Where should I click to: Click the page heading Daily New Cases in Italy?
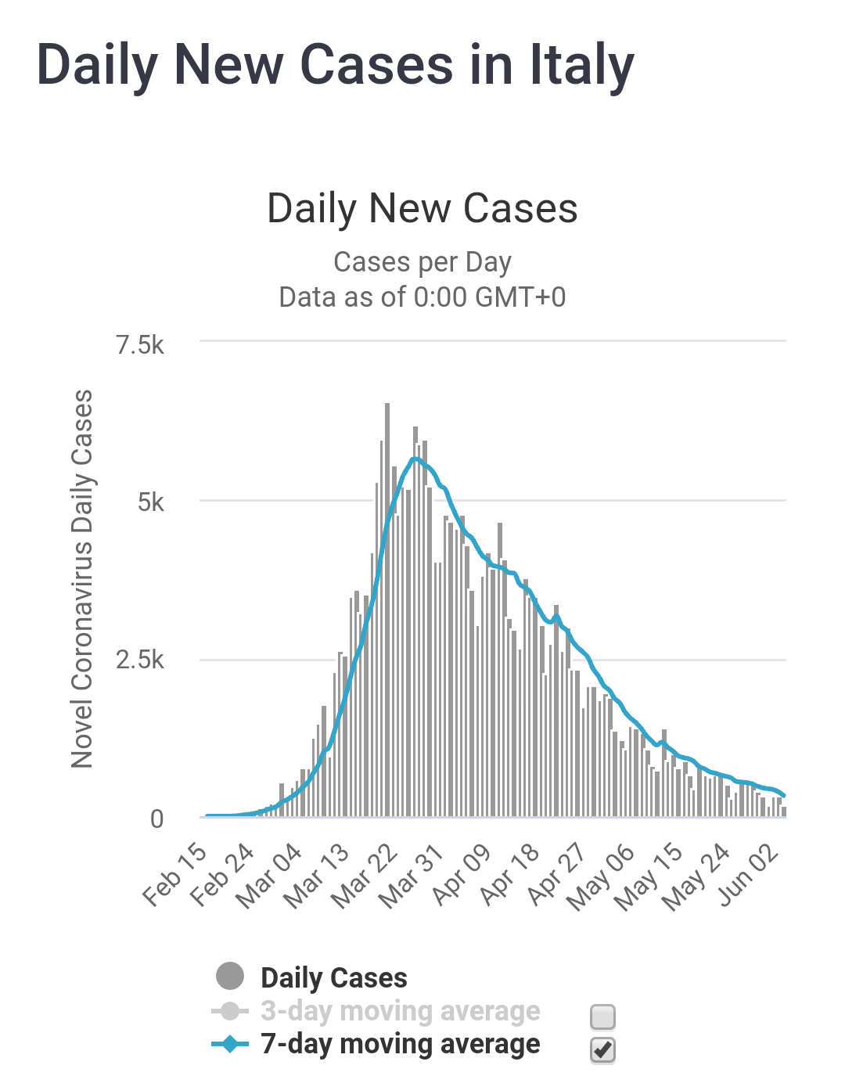coord(335,66)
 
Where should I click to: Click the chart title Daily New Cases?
coord(422,209)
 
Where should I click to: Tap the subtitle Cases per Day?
coord(422,262)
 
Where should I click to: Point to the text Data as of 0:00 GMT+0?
coord(422,297)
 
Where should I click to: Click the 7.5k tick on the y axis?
coord(140,344)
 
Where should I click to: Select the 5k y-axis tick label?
coord(150,502)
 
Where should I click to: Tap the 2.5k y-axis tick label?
coord(140,660)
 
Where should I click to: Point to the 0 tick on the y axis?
coord(156,819)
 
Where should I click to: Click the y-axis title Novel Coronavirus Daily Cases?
coord(82,579)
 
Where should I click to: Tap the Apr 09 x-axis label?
coord(462,874)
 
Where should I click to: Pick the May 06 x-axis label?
coord(601,877)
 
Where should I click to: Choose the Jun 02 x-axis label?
coord(750,874)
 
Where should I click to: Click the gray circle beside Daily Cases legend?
coord(230,977)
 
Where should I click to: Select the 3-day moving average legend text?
coord(400,1011)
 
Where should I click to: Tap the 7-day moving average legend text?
coord(400,1044)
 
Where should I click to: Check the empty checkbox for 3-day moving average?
coord(602,1017)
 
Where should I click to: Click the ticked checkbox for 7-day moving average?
coord(602,1049)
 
